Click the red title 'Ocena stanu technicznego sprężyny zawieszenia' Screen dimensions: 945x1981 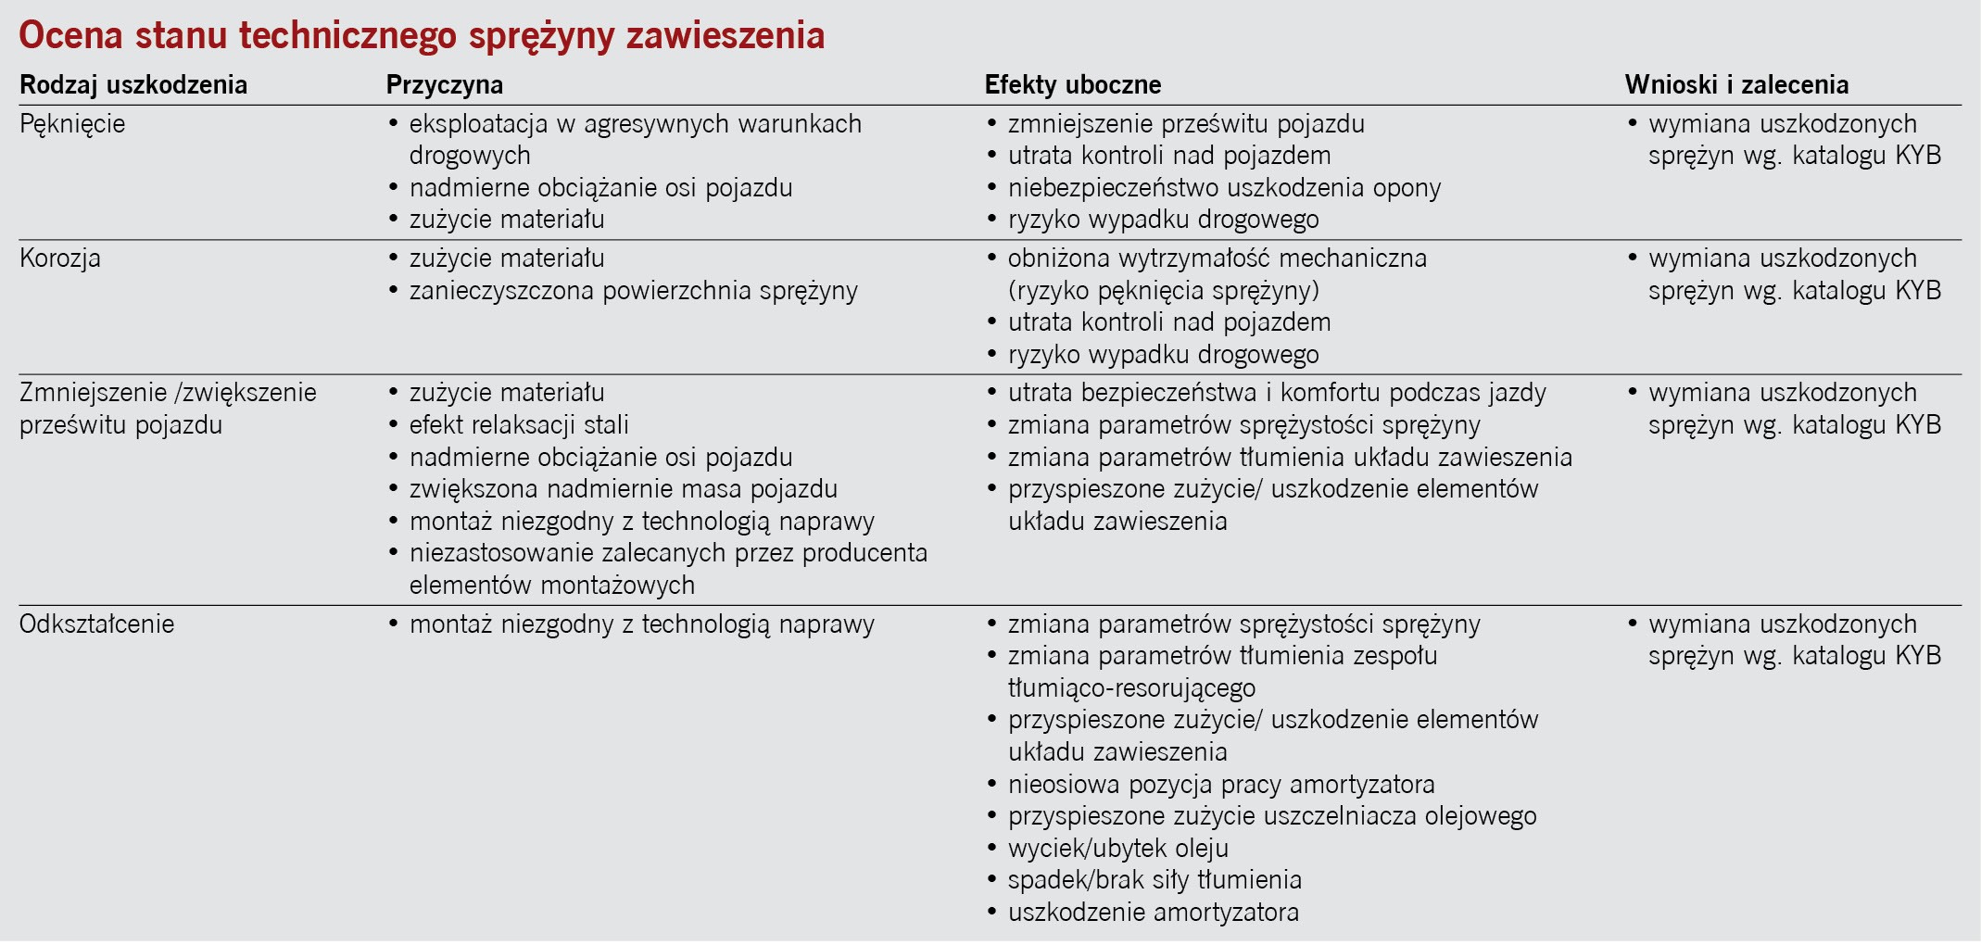[x=422, y=35]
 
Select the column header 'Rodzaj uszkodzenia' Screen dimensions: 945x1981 [x=133, y=85]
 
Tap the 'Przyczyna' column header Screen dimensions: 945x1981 [x=444, y=85]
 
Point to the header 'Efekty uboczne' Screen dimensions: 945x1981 [x=1072, y=85]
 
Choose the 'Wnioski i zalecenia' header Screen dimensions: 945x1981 [x=1736, y=85]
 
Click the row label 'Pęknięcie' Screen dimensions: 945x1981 [x=72, y=124]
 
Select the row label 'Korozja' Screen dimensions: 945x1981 [x=60, y=258]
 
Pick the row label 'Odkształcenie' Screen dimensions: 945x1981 [x=96, y=624]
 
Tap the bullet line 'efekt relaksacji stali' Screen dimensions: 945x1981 [x=519, y=425]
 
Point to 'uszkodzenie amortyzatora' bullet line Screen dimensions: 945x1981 [x=1153, y=913]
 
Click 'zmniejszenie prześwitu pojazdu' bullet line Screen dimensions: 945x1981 [x=1186, y=124]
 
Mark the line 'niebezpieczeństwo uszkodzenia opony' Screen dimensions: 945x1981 [x=1224, y=188]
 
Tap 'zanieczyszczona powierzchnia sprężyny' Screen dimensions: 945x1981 [x=633, y=291]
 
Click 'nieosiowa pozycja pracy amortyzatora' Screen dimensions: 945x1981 [x=1220, y=785]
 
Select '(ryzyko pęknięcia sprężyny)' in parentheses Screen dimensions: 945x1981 [x=1163, y=291]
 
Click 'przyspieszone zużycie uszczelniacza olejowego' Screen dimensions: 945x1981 [x=1271, y=816]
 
